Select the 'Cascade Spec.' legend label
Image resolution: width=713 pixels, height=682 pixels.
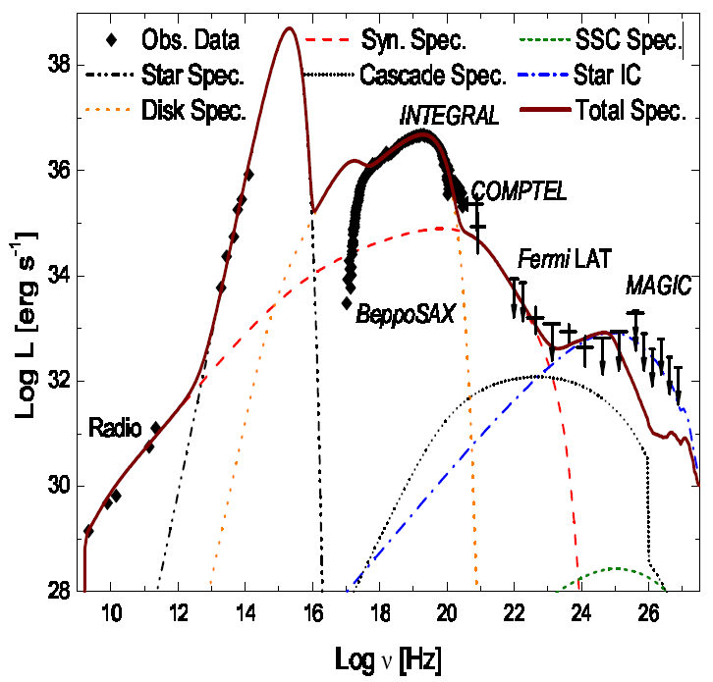433,74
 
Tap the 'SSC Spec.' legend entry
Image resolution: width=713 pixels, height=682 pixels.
628,41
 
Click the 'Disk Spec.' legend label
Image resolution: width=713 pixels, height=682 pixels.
193,110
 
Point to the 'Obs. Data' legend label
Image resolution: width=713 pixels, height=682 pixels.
191,41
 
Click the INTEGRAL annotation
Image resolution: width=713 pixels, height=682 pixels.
449,117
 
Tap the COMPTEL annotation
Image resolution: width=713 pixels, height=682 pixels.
519,191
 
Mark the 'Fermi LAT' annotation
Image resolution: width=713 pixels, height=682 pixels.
565,259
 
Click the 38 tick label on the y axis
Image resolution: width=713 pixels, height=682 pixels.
59,65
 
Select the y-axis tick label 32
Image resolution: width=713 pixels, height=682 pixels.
59,381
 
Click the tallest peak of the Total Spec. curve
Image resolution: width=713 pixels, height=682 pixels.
289,28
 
